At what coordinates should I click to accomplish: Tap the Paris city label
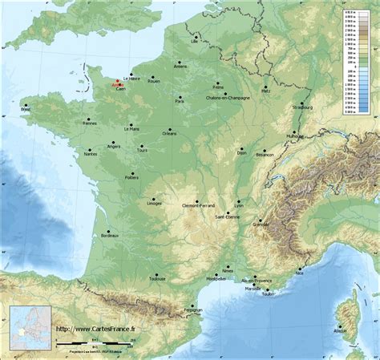[180, 102]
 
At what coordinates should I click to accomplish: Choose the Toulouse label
[157, 280]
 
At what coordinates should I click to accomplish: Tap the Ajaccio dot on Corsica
[342, 325]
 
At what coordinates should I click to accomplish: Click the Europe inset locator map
[30, 326]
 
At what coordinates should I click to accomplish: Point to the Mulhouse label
[296, 136]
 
